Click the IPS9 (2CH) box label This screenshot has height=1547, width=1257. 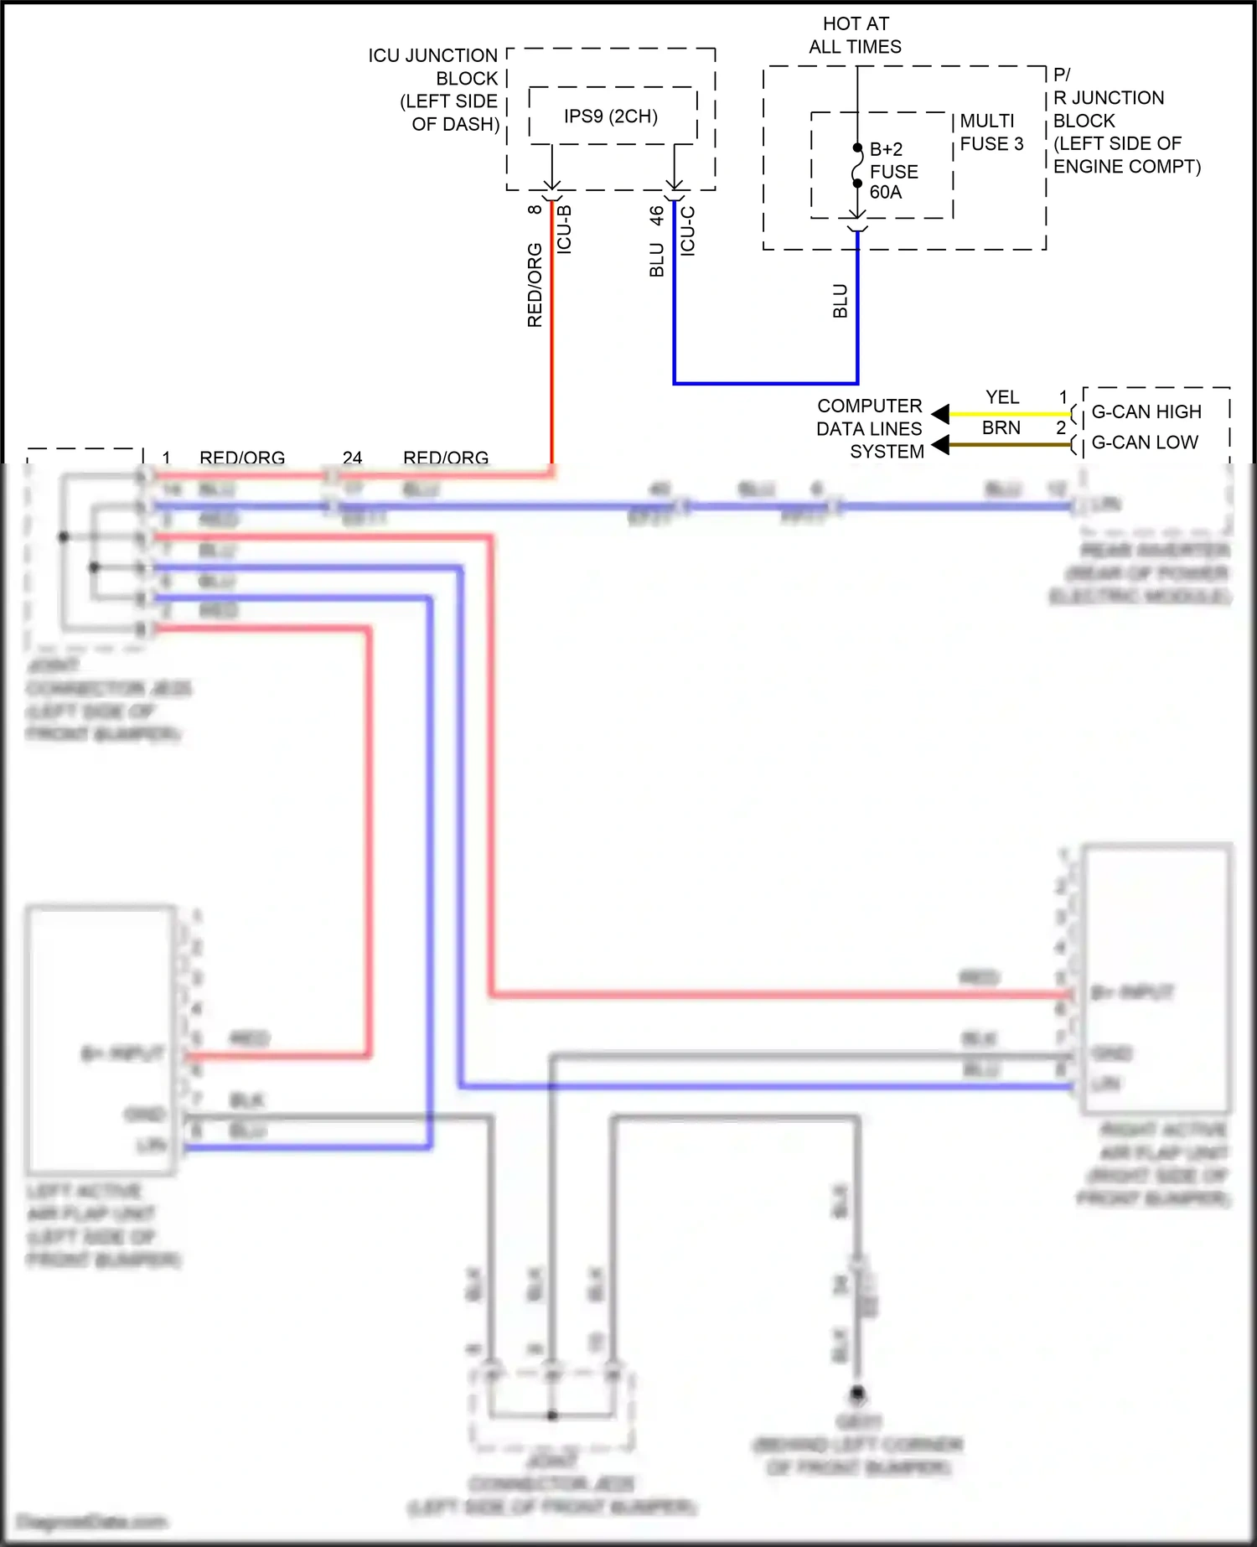[x=610, y=116]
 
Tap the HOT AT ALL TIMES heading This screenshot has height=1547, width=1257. [x=855, y=35]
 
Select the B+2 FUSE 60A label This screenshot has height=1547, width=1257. [x=893, y=171]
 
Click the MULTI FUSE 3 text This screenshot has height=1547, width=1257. [x=991, y=132]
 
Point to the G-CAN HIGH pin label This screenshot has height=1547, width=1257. [x=1146, y=412]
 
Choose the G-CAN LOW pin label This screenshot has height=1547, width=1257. [x=1144, y=442]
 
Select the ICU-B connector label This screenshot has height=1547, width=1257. [x=564, y=230]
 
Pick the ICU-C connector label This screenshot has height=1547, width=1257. [x=687, y=231]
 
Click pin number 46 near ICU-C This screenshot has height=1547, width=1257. [x=657, y=215]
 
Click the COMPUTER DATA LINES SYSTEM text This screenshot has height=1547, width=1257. [x=870, y=428]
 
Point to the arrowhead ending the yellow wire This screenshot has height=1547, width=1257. [x=940, y=414]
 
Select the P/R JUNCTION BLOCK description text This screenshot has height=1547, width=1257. [x=1125, y=121]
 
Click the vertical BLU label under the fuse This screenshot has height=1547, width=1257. [x=841, y=302]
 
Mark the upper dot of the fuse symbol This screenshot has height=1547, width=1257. [x=857, y=148]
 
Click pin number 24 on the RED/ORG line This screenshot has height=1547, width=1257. [x=352, y=458]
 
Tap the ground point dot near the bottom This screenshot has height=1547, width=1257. [x=857, y=1394]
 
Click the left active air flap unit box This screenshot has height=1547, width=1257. [x=101, y=1039]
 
